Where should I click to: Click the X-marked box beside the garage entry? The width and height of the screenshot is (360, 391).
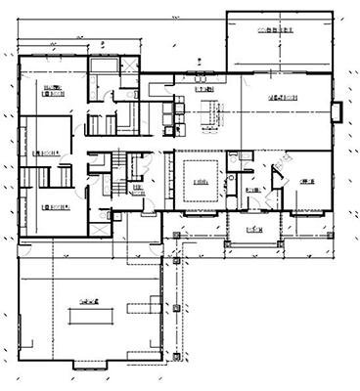(x=172, y=234)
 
